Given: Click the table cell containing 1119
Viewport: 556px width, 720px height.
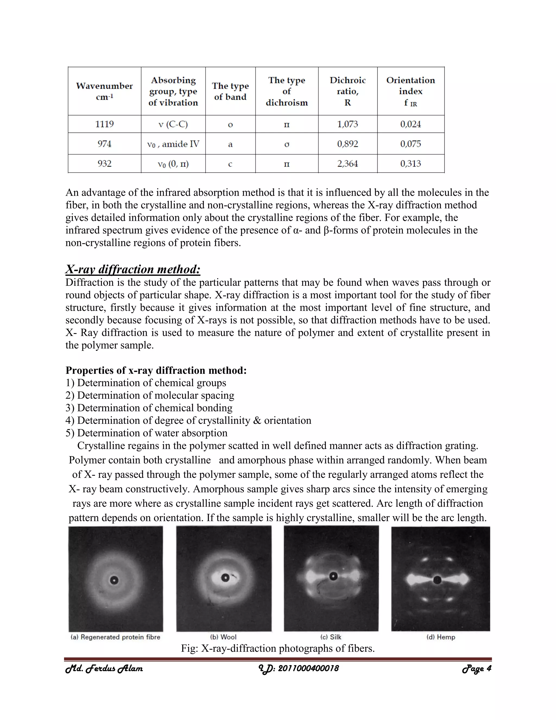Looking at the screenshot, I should tap(105, 124).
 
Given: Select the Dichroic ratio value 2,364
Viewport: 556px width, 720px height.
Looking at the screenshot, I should tap(347, 164).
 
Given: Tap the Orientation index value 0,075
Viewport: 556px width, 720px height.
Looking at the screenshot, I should tap(410, 144).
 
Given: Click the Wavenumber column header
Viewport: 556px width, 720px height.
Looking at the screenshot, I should tap(105, 91).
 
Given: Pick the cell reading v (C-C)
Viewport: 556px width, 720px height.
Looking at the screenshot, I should tap(173, 124).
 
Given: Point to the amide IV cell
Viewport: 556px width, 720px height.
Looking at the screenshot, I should tap(173, 144).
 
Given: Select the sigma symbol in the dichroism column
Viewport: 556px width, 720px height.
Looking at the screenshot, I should tap(287, 144).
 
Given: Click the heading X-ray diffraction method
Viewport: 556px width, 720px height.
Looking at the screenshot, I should tap(133, 269).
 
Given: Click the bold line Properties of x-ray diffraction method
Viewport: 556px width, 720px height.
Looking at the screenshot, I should tap(156, 370).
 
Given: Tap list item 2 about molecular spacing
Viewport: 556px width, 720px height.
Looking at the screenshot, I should tap(150, 395).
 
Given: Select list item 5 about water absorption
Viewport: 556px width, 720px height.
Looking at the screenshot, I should tap(146, 433).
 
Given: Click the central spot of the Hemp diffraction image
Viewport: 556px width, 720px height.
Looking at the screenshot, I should tap(437, 580).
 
